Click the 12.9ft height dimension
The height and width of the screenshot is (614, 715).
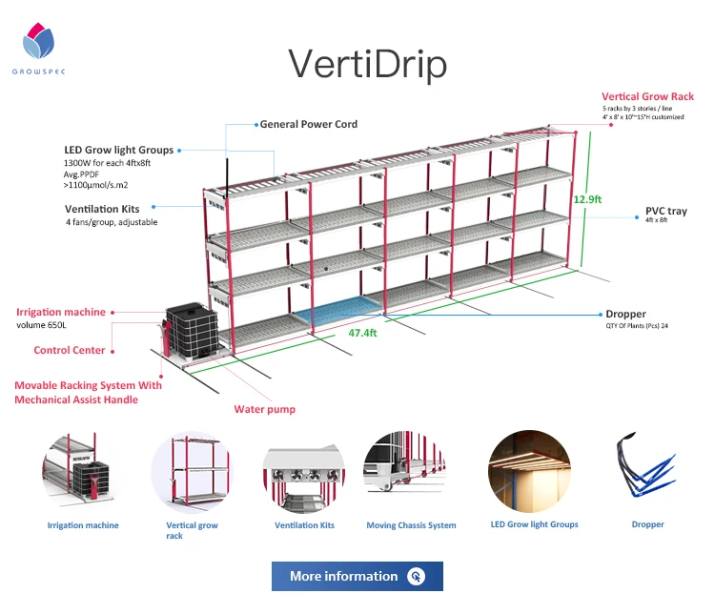coord(587,199)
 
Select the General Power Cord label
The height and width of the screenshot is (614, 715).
coord(309,124)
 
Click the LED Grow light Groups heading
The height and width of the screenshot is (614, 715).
coord(118,150)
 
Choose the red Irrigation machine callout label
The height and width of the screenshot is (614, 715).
coord(61,312)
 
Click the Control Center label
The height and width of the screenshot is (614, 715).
coord(70,350)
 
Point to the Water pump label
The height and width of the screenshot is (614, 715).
coord(265,409)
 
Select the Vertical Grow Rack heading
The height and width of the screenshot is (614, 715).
coord(647,96)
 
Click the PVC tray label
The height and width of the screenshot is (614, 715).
coord(665,211)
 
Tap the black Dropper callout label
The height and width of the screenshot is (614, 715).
coord(625,314)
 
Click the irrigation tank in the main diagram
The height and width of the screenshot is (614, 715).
coord(193,330)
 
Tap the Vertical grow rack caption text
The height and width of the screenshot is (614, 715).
coord(193,530)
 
